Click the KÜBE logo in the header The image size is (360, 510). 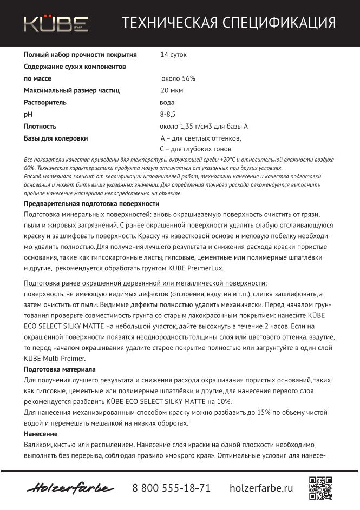(x=56, y=23)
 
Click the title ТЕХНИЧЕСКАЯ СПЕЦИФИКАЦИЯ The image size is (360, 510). (x=228, y=23)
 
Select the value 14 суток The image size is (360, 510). (x=174, y=55)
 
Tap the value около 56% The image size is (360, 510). (x=178, y=78)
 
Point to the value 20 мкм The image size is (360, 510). (x=172, y=90)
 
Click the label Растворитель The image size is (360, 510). (x=45, y=102)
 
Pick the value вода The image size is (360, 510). (x=167, y=102)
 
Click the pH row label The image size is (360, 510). (x=29, y=114)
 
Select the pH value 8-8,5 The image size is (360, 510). (x=168, y=114)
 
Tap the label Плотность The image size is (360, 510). (x=40, y=126)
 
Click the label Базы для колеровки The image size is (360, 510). (x=56, y=138)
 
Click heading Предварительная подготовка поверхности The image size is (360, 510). (x=91, y=203)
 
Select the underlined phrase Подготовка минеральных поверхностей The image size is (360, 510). (x=87, y=214)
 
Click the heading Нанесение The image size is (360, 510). (x=41, y=434)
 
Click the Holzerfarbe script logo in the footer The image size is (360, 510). (x=70, y=488)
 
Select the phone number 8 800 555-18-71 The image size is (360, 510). (x=172, y=488)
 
